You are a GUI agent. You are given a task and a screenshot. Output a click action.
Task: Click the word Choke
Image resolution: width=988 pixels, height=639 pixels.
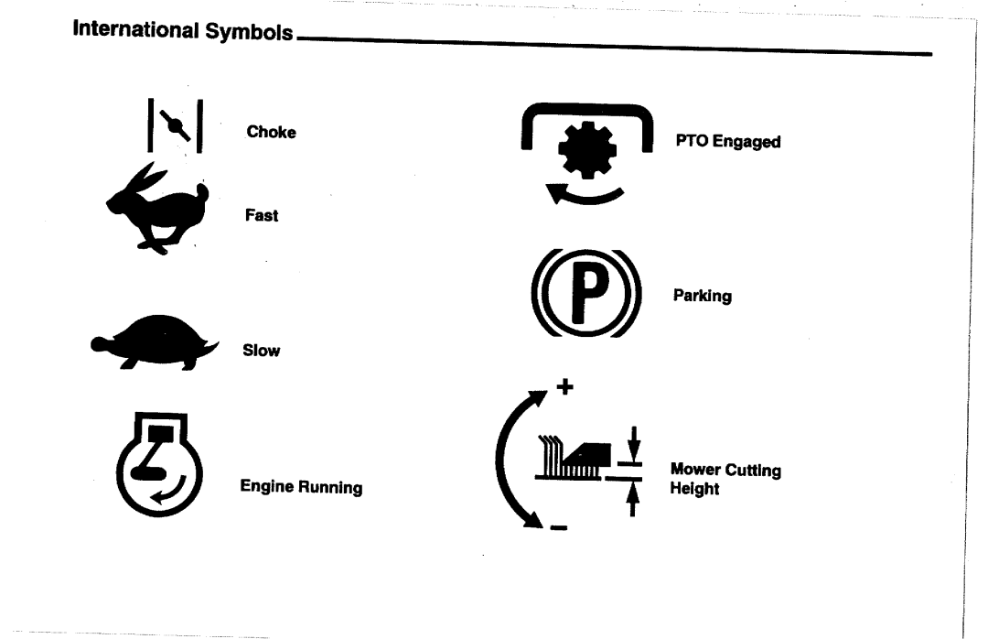[272, 132]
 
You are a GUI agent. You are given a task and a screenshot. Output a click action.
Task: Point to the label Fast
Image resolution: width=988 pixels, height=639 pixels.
[262, 217]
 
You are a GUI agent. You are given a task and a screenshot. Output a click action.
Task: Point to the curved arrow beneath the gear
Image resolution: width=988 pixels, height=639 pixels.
[583, 193]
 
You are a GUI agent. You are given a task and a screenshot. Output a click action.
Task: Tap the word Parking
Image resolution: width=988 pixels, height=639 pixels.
[702, 297]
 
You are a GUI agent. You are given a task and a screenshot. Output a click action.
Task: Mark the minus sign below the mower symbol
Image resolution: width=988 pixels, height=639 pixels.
[558, 526]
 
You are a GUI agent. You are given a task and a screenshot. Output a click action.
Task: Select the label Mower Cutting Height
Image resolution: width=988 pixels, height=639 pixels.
[725, 480]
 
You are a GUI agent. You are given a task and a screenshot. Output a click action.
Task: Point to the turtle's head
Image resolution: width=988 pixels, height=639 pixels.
[100, 344]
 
